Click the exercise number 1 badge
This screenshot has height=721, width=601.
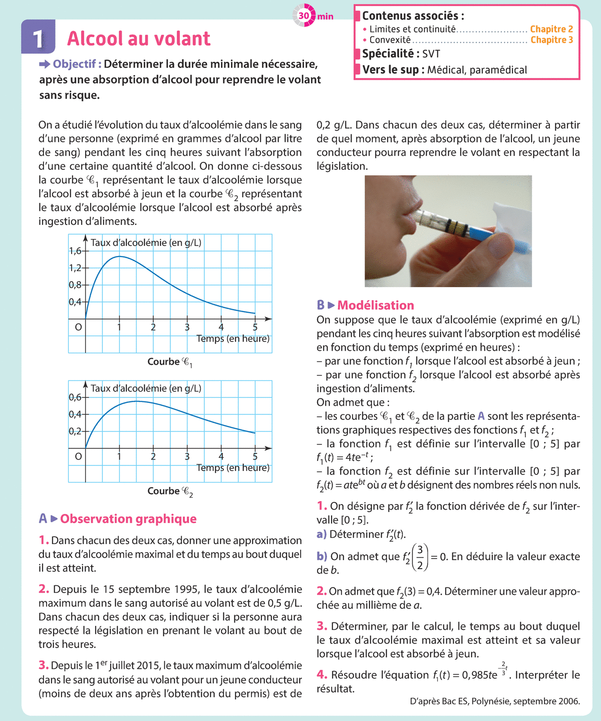pos(38,38)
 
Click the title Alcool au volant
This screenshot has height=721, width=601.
pos(139,39)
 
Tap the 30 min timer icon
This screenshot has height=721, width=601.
pos(304,16)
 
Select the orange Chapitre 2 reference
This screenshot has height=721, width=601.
pos(551,29)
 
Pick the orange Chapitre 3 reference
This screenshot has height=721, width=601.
pos(551,40)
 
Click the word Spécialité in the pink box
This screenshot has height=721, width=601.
pos(388,54)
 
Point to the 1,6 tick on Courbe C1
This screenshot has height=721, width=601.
pos(75,251)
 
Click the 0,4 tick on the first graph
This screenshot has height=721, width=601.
pos(75,302)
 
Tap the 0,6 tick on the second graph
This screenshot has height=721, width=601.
pos(75,397)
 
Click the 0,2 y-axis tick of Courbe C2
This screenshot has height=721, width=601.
pos(75,431)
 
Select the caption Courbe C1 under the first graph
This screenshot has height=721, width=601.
pos(170,362)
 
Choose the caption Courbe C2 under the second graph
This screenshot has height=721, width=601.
pos(170,491)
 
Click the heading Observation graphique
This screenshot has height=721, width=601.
pos(128,519)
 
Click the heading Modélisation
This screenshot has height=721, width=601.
pos(376,305)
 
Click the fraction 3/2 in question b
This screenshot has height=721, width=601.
pos(420,557)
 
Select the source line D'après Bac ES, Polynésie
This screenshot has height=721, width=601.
pos(494,701)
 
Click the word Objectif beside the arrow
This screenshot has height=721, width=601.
pos(74,64)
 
